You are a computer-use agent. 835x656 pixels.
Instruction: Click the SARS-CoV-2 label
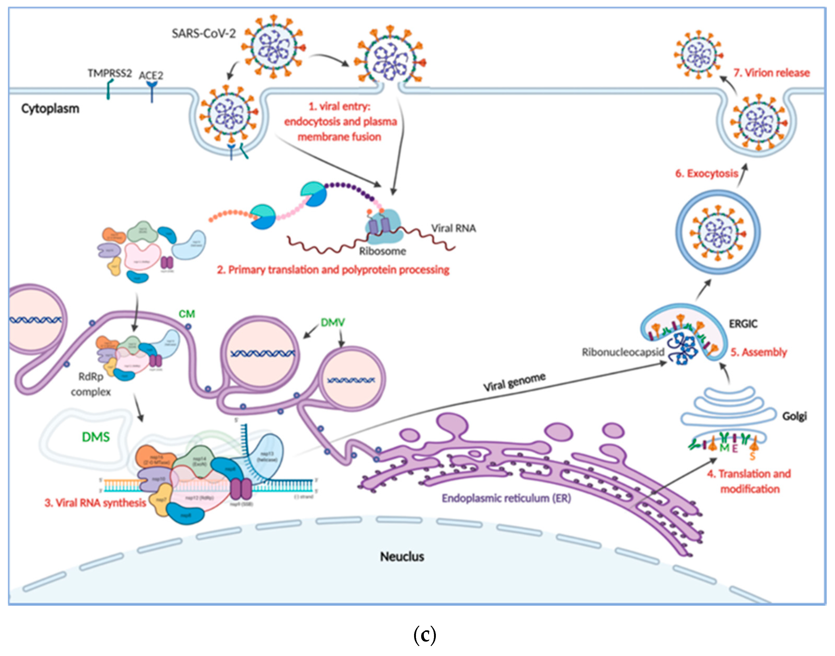point(203,34)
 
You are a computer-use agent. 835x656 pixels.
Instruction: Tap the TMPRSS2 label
point(110,73)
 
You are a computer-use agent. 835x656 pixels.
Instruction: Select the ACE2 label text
point(151,75)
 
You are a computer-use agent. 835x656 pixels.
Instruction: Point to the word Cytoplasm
point(50,109)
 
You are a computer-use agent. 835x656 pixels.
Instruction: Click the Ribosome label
point(382,251)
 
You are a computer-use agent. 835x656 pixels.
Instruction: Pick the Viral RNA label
point(453,228)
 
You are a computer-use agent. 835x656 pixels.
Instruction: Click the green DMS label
point(96,437)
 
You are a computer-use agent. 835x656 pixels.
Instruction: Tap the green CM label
point(187,314)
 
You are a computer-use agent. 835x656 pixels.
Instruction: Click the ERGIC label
point(743,324)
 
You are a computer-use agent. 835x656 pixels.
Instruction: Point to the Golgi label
point(795,416)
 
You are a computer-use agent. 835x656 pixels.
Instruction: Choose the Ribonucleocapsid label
point(623,352)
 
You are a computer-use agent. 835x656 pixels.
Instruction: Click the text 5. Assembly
point(758,352)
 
